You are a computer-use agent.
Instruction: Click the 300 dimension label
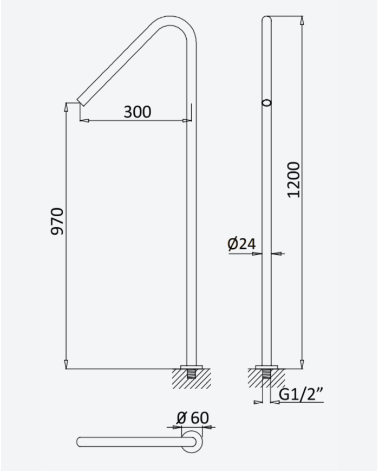tap(138, 112)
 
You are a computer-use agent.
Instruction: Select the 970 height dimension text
tap(57, 221)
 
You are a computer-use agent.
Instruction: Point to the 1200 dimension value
tap(293, 179)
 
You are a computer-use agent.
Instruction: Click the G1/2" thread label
tap(301, 395)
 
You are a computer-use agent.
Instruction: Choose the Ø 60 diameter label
tap(193, 417)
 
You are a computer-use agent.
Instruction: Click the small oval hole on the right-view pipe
tap(266, 103)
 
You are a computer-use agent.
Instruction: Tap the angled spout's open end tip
tap(80, 102)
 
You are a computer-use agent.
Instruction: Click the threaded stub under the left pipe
tap(191, 375)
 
